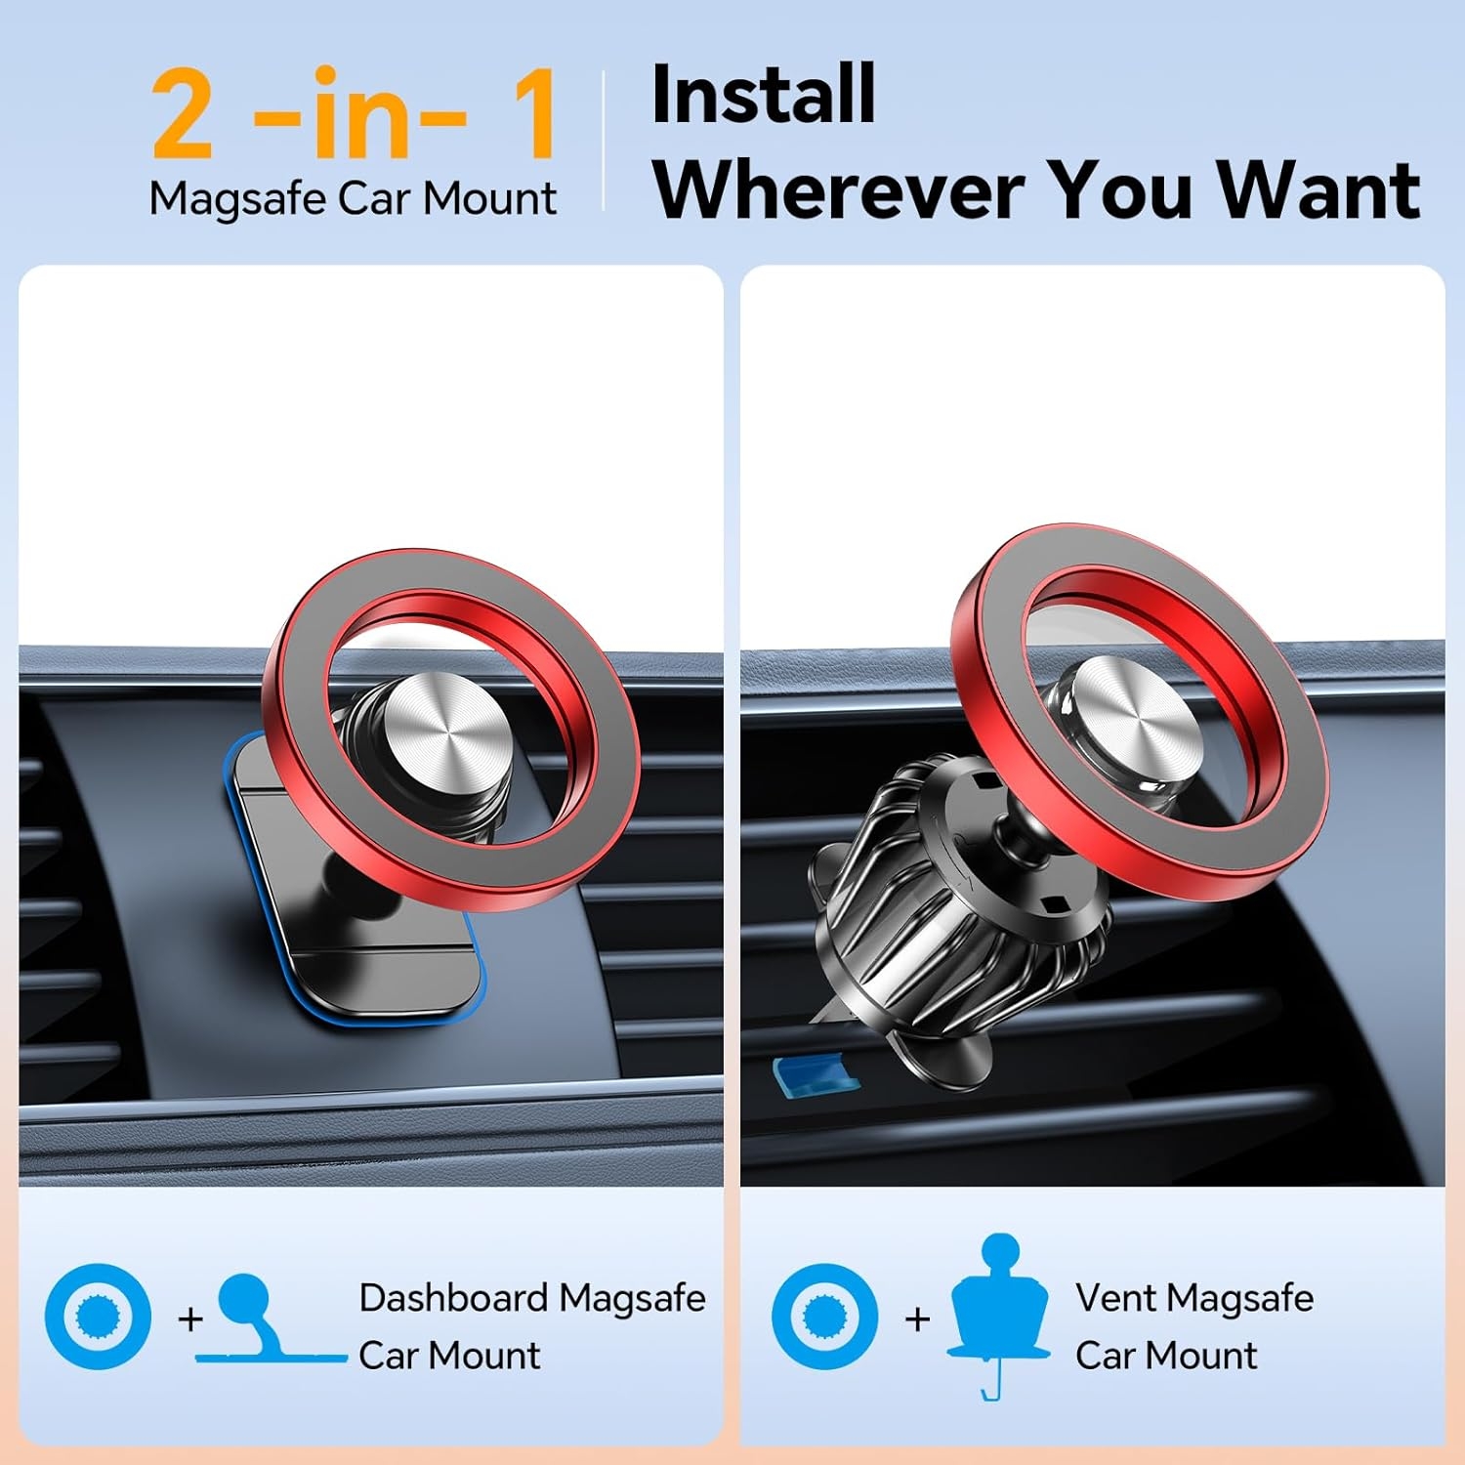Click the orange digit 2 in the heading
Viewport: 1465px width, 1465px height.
point(183,114)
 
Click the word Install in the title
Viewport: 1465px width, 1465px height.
point(763,95)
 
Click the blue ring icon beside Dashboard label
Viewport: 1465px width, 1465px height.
point(98,1317)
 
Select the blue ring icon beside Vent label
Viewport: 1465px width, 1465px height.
point(824,1317)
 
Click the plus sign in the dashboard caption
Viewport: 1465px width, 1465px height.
point(190,1319)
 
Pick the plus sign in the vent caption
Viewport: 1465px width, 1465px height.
point(917,1319)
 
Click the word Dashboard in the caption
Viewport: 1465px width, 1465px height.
point(453,1298)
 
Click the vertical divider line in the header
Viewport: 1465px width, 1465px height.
point(604,141)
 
